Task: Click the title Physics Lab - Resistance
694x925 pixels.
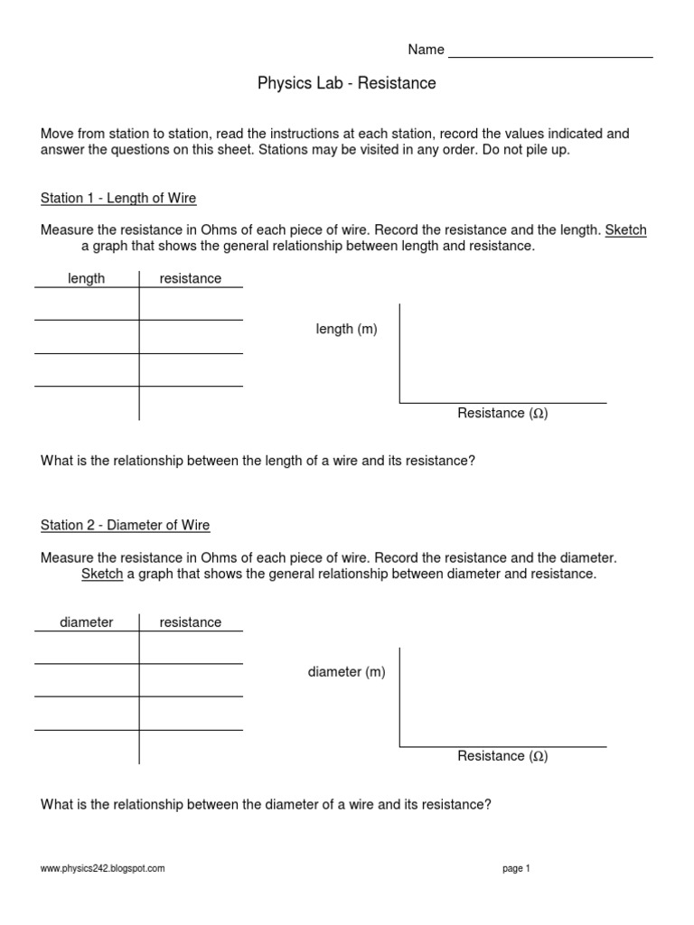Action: [347, 84]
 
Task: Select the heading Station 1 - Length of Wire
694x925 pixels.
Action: [118, 198]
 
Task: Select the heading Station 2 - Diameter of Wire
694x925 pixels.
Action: [126, 525]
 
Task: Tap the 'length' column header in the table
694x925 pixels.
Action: [86, 278]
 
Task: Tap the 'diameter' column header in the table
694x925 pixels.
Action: [86, 622]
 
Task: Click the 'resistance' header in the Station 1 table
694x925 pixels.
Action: [190, 278]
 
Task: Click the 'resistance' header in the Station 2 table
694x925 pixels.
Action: [190, 622]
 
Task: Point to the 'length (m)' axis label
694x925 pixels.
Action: [346, 330]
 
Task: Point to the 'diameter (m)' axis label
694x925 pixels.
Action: [346, 672]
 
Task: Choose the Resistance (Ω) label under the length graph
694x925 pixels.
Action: [502, 414]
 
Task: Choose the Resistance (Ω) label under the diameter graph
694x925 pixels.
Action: [502, 756]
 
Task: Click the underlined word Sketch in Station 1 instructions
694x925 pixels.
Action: [625, 230]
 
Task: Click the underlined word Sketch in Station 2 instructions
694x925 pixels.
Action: [102, 575]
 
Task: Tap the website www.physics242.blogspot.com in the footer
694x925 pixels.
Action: [103, 868]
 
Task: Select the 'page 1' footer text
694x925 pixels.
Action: [516, 868]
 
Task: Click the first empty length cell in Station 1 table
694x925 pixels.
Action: [86, 304]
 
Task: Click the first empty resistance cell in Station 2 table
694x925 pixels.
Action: [190, 648]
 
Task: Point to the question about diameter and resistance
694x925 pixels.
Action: [266, 804]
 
